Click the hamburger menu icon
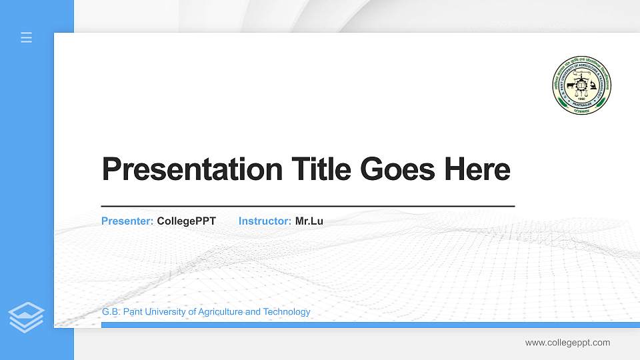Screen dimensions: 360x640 26,37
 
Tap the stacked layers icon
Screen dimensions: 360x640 26,317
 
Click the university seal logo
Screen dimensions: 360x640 582,85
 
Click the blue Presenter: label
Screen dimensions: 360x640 127,221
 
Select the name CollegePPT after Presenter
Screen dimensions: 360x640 186,221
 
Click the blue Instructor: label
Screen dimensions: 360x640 265,221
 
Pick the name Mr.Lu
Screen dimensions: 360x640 309,221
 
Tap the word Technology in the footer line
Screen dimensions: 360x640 287,311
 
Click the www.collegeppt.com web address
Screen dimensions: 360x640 567,343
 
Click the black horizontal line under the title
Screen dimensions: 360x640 307,206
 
